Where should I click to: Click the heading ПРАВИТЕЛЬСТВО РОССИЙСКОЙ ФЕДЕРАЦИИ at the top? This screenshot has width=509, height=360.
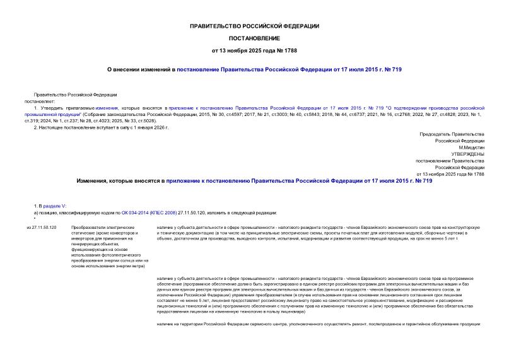pyautogui.click(x=254, y=26)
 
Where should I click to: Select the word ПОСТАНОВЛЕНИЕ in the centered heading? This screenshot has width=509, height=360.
pyautogui.click(x=254, y=38)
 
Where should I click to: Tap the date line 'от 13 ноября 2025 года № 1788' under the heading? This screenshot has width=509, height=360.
pyautogui.click(x=254, y=50)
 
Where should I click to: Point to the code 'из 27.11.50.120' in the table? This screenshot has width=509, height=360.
pyautogui.click(x=42, y=227)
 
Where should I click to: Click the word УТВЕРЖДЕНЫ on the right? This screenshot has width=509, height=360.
pyautogui.click(x=467, y=153)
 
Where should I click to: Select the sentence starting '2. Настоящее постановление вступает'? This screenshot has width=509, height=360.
pyautogui.click(x=101, y=127)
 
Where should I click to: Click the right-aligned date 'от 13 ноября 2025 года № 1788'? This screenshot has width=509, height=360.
pyautogui.click(x=450, y=173)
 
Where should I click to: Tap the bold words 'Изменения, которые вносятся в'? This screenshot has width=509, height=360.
pyautogui.click(x=119, y=180)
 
